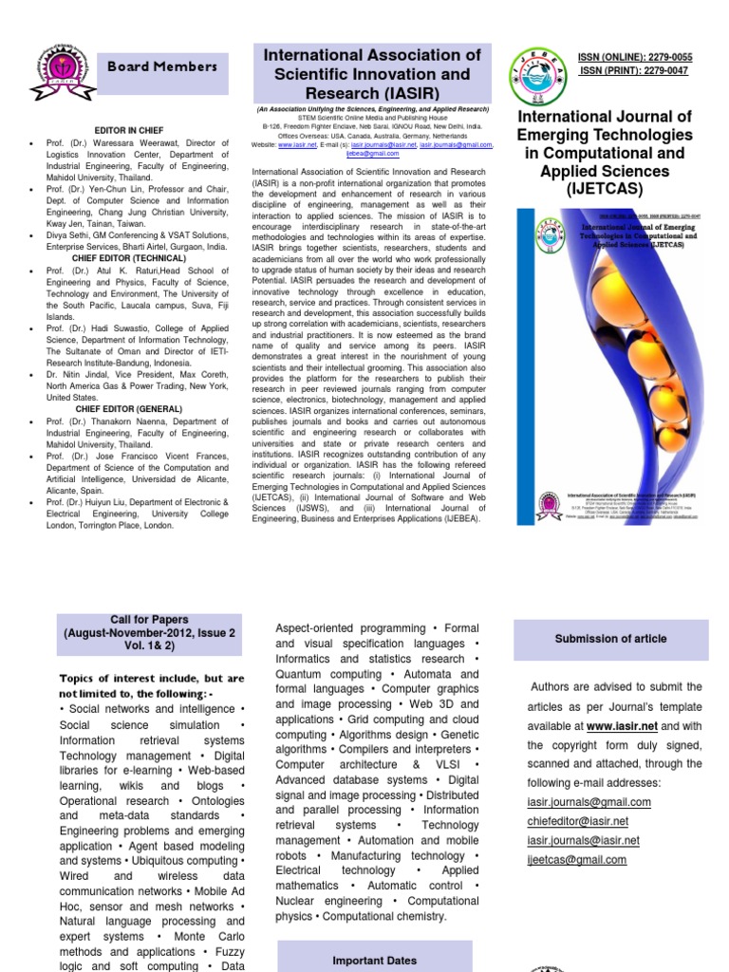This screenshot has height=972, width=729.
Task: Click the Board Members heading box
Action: tap(162, 67)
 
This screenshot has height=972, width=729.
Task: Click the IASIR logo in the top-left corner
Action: tap(62, 69)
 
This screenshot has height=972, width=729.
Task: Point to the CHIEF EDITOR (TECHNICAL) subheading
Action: tap(129, 258)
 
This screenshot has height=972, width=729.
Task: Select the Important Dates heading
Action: tap(374, 961)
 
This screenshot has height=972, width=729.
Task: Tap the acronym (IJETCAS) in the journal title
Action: tap(604, 189)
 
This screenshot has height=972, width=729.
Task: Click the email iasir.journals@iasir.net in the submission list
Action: tap(583, 841)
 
